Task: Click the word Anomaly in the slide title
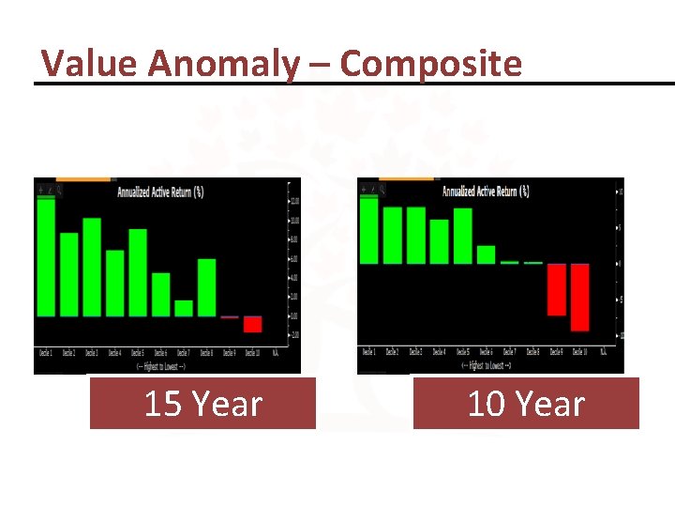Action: [223, 64]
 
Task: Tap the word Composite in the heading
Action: [430, 64]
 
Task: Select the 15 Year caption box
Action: [202, 404]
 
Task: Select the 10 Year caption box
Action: [526, 404]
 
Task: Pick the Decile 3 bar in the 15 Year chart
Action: [92, 267]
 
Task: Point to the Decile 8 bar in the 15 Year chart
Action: [206, 287]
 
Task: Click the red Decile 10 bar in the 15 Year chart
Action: [252, 324]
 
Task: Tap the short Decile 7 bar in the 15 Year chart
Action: [184, 308]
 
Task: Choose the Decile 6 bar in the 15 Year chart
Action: [161, 294]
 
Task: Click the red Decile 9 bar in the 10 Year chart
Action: [557, 289]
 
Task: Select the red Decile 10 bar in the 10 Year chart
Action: [579, 297]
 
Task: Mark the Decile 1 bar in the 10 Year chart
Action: [369, 231]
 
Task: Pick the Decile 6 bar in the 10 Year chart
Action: [486, 254]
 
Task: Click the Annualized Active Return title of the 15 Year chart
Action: [160, 192]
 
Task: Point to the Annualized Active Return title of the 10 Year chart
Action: [486, 192]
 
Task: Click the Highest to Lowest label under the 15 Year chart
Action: [161, 364]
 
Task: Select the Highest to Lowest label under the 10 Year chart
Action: [485, 363]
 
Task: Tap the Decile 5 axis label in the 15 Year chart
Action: [138, 353]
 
